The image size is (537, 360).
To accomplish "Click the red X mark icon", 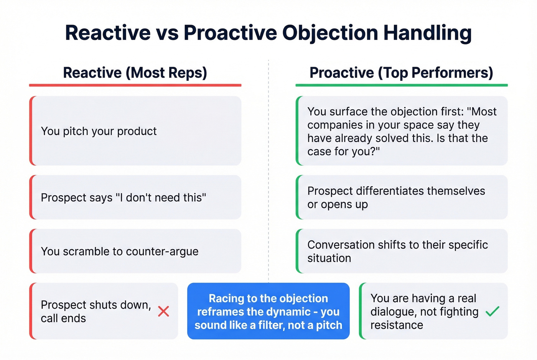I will pyautogui.click(x=163, y=311).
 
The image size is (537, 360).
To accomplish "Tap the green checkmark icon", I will pyautogui.click(x=492, y=311).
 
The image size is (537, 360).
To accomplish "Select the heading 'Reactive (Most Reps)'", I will pyautogui.click(x=135, y=72).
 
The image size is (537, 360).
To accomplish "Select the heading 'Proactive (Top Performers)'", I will pyautogui.click(x=401, y=72).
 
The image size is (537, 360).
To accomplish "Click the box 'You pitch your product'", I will pyautogui.click(x=135, y=131).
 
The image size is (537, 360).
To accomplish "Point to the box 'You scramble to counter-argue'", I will pyautogui.click(x=135, y=251).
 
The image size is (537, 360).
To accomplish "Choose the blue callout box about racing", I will pyautogui.click(x=268, y=311).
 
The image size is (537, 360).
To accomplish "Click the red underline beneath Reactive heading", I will pyautogui.click(x=135, y=85).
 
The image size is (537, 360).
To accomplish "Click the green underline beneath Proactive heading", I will pyautogui.click(x=401, y=85).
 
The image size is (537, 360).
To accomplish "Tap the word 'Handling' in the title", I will pyautogui.click(x=427, y=33).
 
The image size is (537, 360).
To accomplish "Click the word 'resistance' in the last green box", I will pyautogui.click(x=397, y=325).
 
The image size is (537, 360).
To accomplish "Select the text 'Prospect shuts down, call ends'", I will pyautogui.click(x=96, y=311).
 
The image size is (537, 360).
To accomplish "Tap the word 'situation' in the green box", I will pyautogui.click(x=329, y=258).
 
